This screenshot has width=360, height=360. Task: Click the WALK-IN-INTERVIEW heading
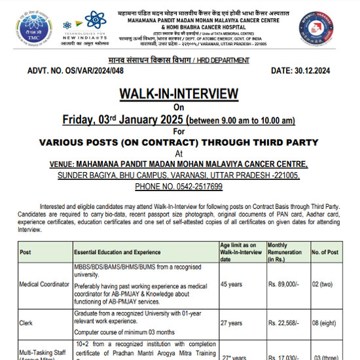(x=179, y=94)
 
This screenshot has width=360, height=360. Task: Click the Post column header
(x=26, y=252)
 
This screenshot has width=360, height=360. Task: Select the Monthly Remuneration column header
(x=285, y=252)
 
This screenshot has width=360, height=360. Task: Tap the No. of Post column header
(x=325, y=252)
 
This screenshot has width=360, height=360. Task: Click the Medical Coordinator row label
(x=45, y=284)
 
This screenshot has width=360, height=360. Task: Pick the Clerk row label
(x=27, y=322)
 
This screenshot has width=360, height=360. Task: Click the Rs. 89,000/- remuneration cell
(x=284, y=284)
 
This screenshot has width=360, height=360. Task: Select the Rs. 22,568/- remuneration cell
(x=284, y=322)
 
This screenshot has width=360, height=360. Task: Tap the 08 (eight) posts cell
(x=325, y=322)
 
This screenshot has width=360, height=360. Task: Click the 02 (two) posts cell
(x=325, y=284)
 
